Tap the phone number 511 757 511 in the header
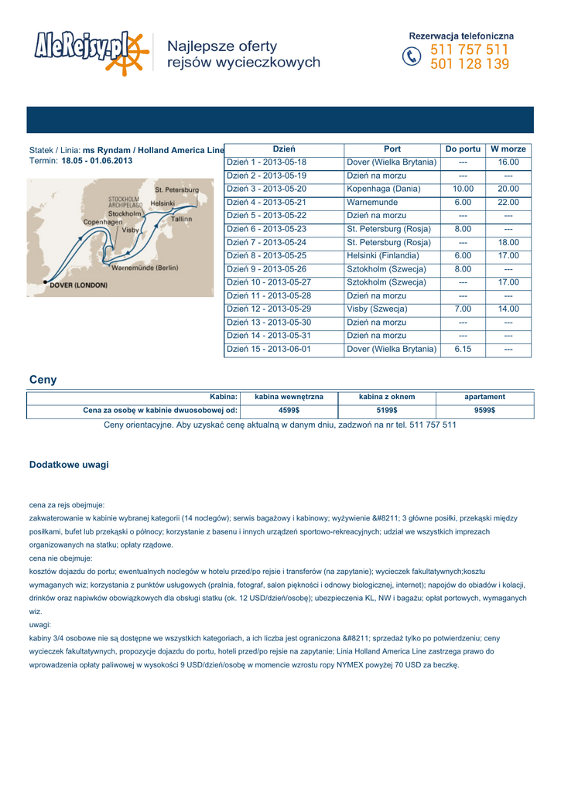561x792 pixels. (x=470, y=50)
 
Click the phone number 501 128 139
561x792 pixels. (x=470, y=65)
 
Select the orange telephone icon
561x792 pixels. (x=410, y=57)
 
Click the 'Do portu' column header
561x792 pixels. (x=463, y=148)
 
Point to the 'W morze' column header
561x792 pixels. (x=508, y=148)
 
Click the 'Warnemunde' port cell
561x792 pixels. (x=372, y=202)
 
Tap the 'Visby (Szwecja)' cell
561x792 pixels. (x=377, y=309)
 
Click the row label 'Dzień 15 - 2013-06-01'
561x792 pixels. (x=268, y=349)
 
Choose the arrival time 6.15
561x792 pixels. (x=463, y=349)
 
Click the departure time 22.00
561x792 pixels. (x=508, y=202)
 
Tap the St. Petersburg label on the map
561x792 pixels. (x=176, y=189)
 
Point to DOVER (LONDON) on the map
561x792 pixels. (x=78, y=285)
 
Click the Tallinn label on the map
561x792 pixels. (x=181, y=219)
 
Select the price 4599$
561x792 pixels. (x=289, y=411)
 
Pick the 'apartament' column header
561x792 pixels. (x=484, y=397)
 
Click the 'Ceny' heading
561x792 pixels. (x=43, y=380)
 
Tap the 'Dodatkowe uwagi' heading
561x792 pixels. (x=69, y=465)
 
